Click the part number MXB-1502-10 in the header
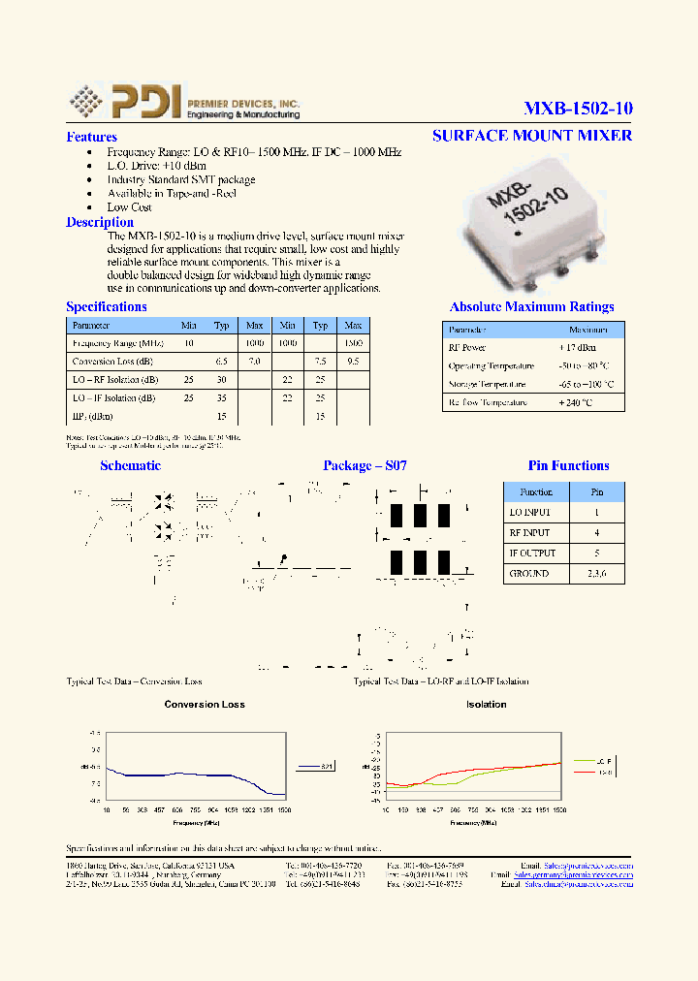tap(578, 108)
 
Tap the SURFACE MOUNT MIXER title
tap(531, 135)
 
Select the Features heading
tap(91, 138)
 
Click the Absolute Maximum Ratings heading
tap(531, 306)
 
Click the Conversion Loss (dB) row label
tap(112, 362)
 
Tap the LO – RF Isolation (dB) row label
tap(113, 380)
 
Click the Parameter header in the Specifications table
tap(91, 326)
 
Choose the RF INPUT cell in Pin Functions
tap(529, 533)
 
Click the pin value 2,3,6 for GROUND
tap(597, 573)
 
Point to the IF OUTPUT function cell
tap(532, 553)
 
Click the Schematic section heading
tap(130, 466)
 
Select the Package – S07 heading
tap(365, 466)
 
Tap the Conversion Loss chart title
tap(205, 705)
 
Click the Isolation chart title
tap(486, 705)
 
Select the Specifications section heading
tap(107, 307)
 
